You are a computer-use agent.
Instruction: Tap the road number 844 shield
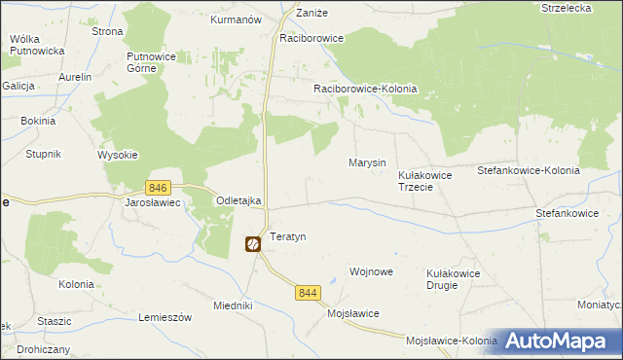(309, 292)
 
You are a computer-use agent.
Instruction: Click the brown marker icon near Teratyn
(252, 246)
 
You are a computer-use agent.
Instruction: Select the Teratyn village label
(288, 237)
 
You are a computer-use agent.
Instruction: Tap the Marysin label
(367, 162)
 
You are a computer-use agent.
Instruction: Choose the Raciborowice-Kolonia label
(365, 89)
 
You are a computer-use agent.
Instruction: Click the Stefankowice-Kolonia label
(529, 170)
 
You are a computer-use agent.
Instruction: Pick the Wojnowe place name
(371, 272)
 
